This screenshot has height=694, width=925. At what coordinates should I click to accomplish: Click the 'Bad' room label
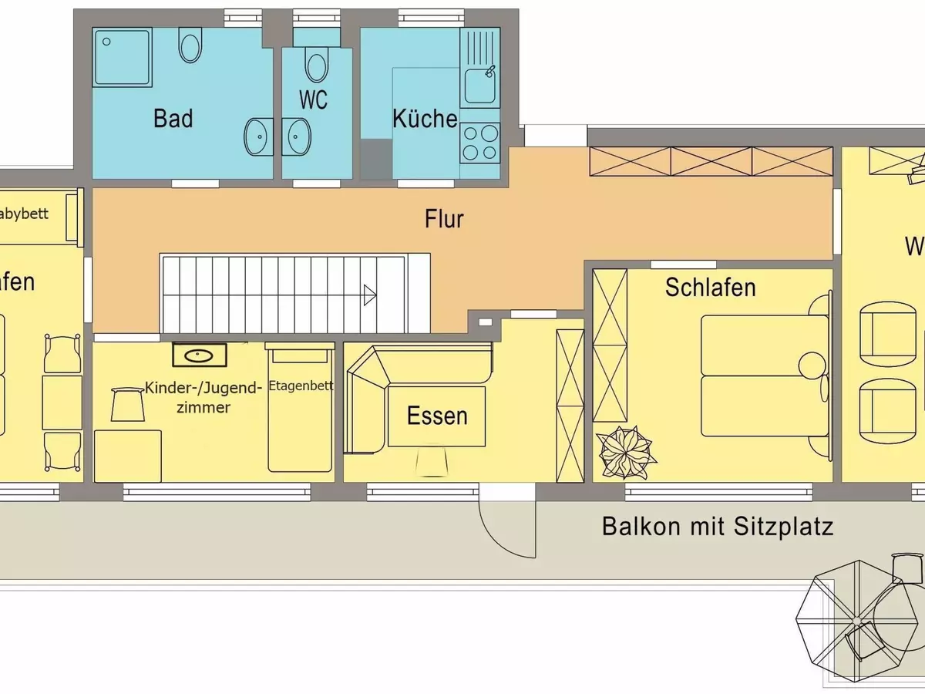[173, 119]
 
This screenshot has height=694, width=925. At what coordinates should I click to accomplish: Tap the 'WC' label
[312, 100]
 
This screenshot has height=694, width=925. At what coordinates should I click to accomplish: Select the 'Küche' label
[425, 120]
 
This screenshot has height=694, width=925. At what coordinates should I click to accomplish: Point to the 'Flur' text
[444, 219]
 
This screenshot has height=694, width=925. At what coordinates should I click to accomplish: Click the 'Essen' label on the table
[437, 416]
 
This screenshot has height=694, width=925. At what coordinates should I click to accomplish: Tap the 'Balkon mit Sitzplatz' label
[718, 527]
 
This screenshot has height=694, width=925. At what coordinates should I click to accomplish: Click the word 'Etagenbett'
[301, 386]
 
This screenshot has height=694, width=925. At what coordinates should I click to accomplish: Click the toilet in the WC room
[316, 63]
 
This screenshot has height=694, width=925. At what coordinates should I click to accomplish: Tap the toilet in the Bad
[190, 45]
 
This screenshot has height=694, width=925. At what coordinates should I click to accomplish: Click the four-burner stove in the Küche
[479, 143]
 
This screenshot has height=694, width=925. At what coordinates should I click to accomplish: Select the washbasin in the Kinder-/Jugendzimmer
[200, 355]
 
